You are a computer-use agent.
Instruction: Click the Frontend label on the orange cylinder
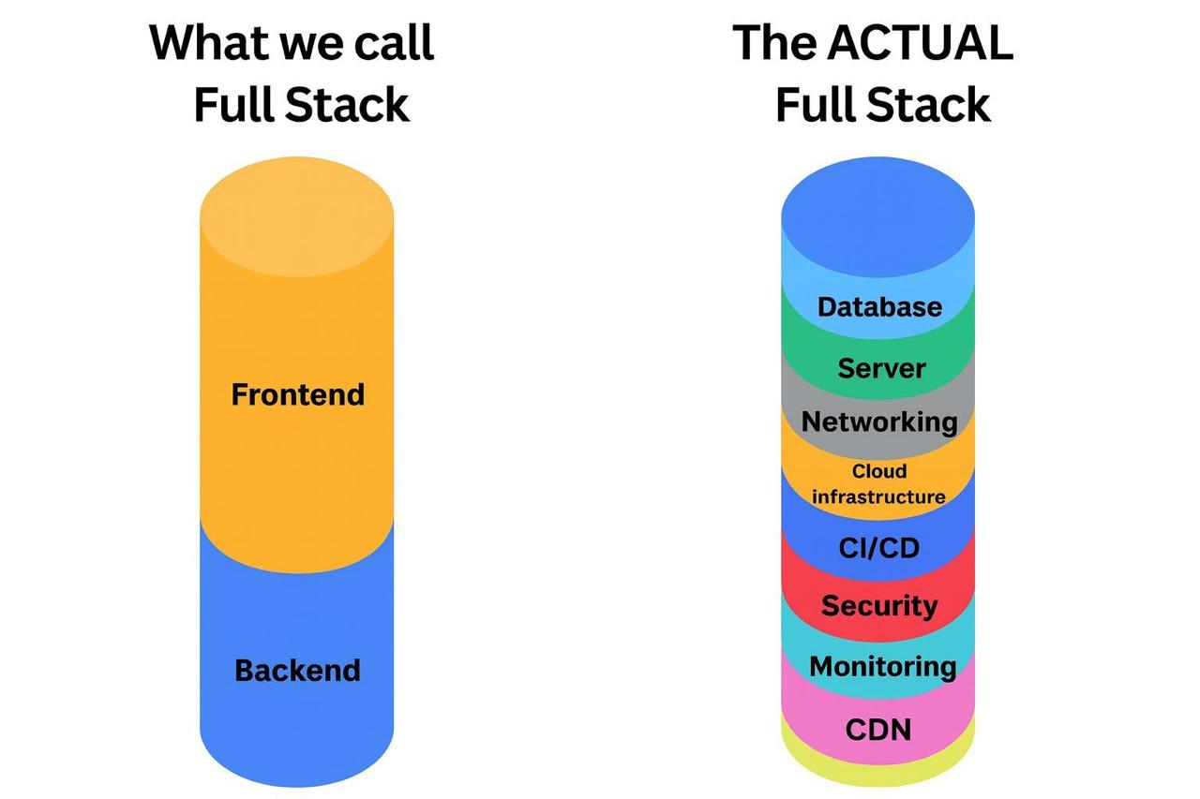(297, 394)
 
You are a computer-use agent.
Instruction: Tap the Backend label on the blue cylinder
(297, 671)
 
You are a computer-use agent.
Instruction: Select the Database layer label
(878, 306)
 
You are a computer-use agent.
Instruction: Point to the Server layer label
(881, 368)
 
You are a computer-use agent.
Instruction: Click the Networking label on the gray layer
(878, 422)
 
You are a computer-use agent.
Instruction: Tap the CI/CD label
(878, 547)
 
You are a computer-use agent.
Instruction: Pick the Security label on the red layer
(878, 606)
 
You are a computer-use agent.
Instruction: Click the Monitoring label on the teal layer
(881, 667)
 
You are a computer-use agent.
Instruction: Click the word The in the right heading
(777, 43)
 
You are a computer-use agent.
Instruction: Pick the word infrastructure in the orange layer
(878, 496)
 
